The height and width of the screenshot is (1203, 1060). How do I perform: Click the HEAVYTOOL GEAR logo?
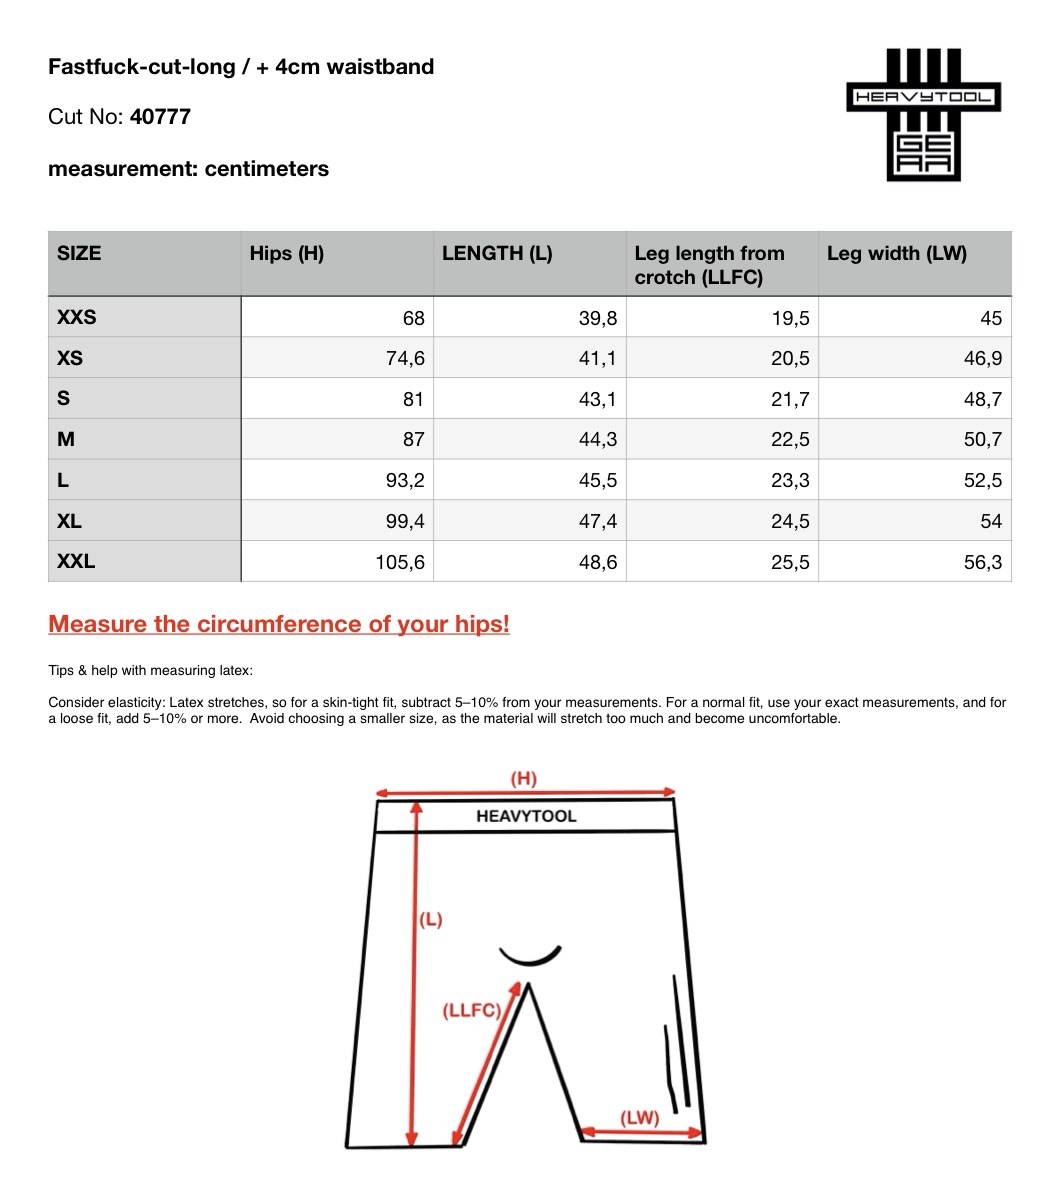click(923, 114)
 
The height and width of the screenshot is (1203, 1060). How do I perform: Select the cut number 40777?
click(160, 117)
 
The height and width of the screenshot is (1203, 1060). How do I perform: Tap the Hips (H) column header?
click(287, 253)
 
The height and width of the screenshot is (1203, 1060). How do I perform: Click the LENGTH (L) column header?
click(497, 253)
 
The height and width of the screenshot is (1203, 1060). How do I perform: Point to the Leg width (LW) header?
click(896, 253)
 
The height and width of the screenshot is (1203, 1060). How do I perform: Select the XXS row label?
click(77, 318)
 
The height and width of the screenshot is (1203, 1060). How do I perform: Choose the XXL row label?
click(77, 561)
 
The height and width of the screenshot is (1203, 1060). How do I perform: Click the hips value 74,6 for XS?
click(405, 359)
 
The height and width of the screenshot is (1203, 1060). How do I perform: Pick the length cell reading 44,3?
click(598, 439)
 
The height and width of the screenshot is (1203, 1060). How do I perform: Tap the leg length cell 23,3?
click(790, 480)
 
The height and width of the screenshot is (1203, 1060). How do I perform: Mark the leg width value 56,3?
click(983, 562)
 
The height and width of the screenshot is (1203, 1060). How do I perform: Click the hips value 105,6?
click(400, 562)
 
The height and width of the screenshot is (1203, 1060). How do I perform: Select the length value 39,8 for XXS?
click(598, 318)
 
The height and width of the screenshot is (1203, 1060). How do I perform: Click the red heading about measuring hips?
click(279, 624)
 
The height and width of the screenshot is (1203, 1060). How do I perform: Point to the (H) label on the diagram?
click(524, 778)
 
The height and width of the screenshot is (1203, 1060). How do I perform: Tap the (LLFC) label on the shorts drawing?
click(471, 1011)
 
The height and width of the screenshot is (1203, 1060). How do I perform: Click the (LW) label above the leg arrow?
click(640, 1117)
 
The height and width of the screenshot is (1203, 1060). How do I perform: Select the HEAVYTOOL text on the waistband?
click(526, 816)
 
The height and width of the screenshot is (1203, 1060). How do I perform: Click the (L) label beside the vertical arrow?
click(430, 920)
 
